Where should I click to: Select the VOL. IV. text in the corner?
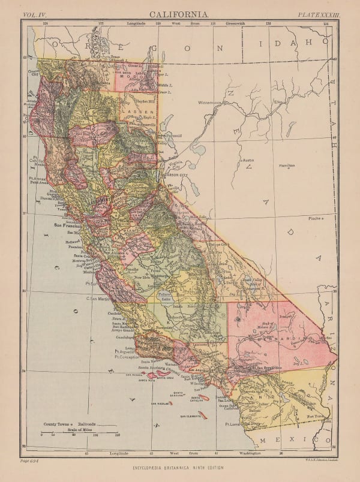coord(36,13)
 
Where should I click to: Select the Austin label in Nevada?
coord(248,160)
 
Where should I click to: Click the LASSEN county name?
coord(132,112)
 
